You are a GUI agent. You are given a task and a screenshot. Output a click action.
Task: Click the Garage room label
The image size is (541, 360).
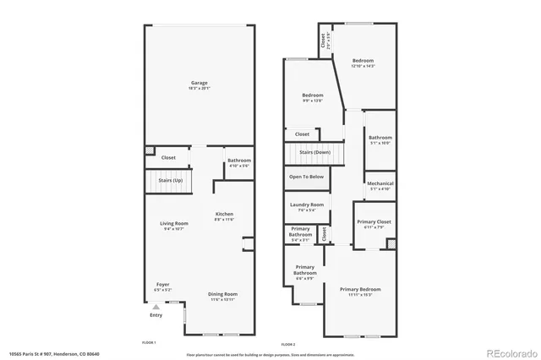(199, 83)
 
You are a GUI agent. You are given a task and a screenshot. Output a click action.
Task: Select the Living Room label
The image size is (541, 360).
(173, 223)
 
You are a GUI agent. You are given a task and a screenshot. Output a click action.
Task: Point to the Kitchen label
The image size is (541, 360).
(223, 214)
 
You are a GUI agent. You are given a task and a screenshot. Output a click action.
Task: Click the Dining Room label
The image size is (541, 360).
(222, 294)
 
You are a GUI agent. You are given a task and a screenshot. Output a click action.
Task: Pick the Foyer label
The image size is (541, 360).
(162, 284)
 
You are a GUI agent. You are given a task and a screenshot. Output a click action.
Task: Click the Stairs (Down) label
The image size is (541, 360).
(314, 152)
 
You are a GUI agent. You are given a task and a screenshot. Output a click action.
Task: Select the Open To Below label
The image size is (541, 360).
(306, 177)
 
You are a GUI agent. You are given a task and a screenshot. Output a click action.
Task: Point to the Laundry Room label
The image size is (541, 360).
(306, 205)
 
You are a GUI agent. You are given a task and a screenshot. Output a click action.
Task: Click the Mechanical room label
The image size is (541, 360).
(380, 183)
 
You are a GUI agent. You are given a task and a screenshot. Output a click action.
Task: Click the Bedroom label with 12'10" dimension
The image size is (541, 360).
(363, 61)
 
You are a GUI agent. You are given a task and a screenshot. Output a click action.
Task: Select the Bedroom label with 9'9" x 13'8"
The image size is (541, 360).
(313, 95)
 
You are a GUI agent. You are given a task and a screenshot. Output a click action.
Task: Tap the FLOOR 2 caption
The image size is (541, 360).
(288, 344)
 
